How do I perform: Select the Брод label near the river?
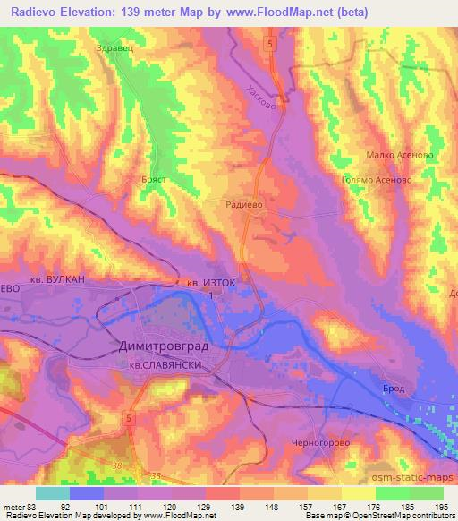click(397, 388)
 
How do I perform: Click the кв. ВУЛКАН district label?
click(54, 279)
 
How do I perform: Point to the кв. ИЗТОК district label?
click(212, 282)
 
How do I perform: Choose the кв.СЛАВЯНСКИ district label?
click(169, 364)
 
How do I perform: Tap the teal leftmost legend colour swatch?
click(53, 493)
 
